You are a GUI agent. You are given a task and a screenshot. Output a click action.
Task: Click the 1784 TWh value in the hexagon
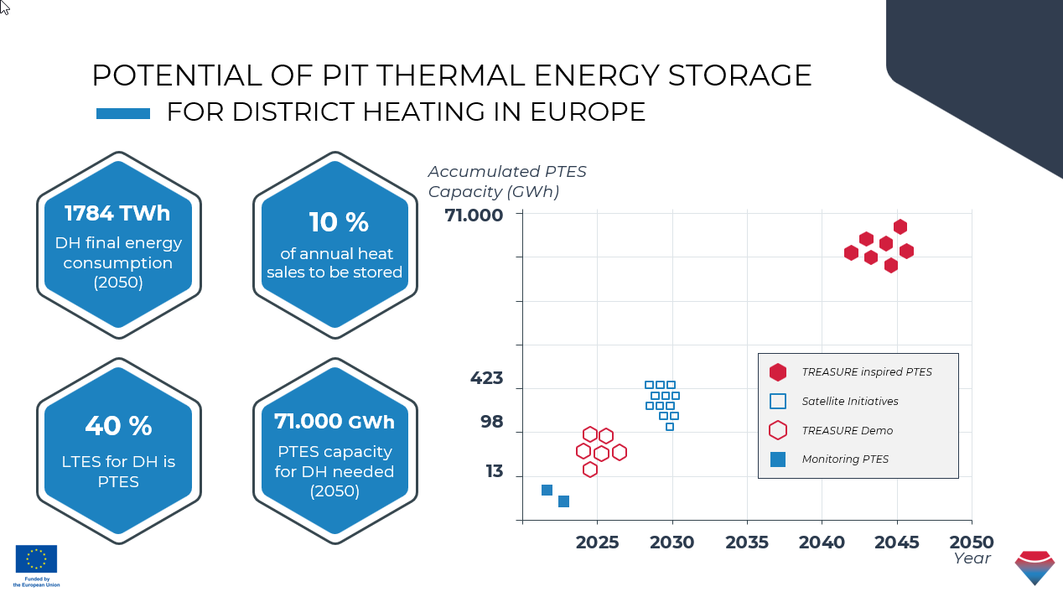coord(117,213)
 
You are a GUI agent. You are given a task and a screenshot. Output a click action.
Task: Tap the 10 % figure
coord(339,222)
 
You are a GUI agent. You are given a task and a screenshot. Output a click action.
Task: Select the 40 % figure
coord(118,426)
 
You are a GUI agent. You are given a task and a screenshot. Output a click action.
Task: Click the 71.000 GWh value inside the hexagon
coord(334,421)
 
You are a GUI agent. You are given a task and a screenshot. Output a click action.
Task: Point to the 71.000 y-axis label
coord(474,215)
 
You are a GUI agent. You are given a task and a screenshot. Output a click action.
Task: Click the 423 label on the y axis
coord(486,378)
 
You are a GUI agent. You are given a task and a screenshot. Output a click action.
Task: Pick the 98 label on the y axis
coord(491,422)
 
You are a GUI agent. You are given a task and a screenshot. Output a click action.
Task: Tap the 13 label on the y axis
coord(495,471)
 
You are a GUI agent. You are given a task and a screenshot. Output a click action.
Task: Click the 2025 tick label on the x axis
coord(597,542)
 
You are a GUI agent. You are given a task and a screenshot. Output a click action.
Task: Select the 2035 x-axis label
coord(747,542)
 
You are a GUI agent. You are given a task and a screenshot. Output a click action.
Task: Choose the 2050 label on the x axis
coord(972,542)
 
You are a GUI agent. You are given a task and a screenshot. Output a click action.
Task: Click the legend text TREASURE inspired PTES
coord(867,372)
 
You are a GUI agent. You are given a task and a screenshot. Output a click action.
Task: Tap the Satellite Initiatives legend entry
coord(850,402)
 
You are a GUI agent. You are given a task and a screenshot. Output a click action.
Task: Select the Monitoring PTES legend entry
coord(845,459)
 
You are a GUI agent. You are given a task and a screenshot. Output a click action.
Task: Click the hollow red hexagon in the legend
coord(778,430)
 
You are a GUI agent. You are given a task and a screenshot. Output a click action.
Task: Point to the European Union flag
coord(36,558)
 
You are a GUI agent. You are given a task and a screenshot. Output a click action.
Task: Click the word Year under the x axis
coord(972,558)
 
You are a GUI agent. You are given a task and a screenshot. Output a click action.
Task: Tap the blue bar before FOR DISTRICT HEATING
coord(123,113)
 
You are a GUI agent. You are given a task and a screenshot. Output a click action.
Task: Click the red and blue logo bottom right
coord(1034,568)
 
